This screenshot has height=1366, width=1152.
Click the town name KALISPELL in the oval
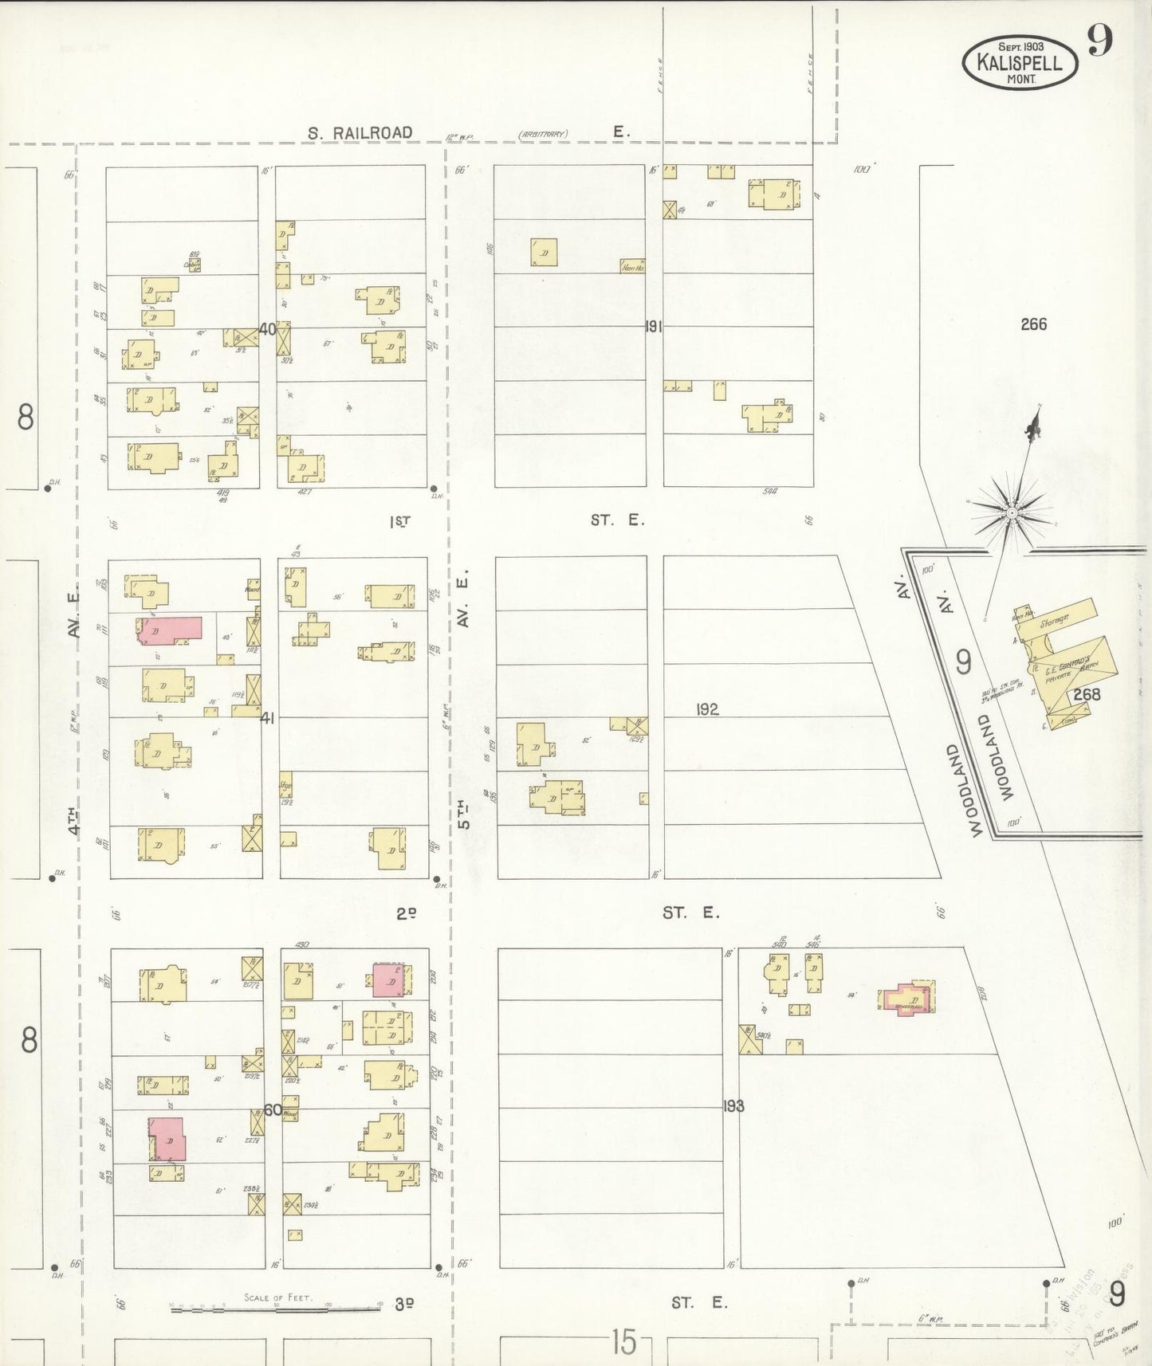pyautogui.click(x=1020, y=61)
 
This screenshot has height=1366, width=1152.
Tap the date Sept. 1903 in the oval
pyautogui.click(x=1020, y=46)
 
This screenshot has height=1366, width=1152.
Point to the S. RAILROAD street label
pyautogui.click(x=360, y=133)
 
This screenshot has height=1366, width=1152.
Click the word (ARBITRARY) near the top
pyautogui.click(x=543, y=134)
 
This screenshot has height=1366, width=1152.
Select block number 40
pyautogui.click(x=266, y=328)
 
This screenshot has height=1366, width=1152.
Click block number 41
pyautogui.click(x=267, y=718)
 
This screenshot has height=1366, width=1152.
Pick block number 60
pyautogui.click(x=272, y=1109)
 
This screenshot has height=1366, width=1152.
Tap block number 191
pyautogui.click(x=654, y=326)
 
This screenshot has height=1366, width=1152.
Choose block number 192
pyautogui.click(x=707, y=709)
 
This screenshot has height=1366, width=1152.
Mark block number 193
pyautogui.click(x=733, y=1106)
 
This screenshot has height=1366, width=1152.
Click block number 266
pyautogui.click(x=1033, y=324)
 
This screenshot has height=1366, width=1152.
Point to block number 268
pyautogui.click(x=1086, y=694)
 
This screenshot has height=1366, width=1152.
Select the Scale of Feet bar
pyautogui.click(x=276, y=1309)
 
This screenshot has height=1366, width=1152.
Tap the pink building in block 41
pyautogui.click(x=169, y=631)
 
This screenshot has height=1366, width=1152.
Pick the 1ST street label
pyautogui.click(x=400, y=521)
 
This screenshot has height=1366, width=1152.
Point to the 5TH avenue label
pyautogui.click(x=464, y=814)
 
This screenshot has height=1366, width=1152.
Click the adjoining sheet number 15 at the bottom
pyautogui.click(x=624, y=1343)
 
